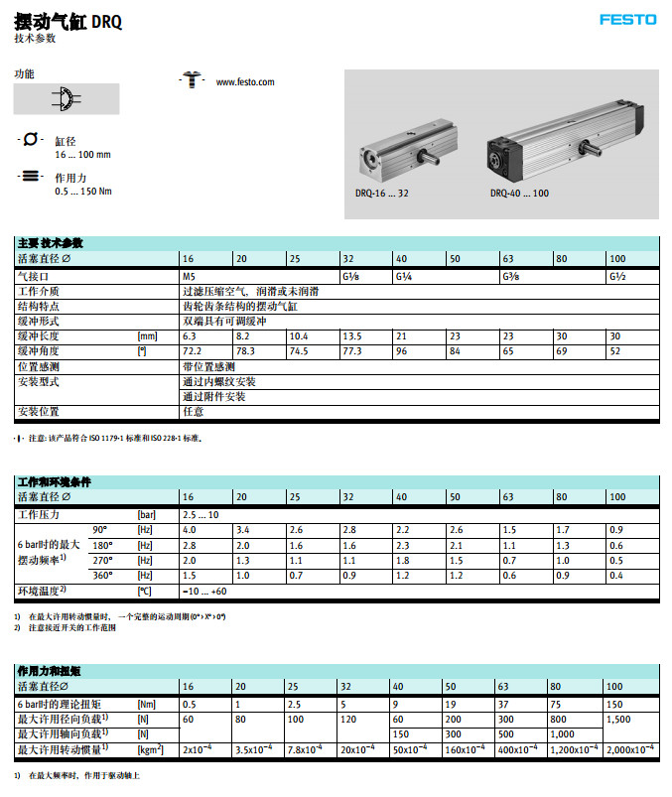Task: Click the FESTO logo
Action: point(628,19)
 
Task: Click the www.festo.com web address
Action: point(244,82)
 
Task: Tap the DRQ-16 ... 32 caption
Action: point(381,194)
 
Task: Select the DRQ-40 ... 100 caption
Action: point(518,194)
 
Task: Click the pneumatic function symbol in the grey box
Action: point(66,98)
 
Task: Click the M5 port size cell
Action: point(190,276)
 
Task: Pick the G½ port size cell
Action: point(617,276)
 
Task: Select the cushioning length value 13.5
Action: point(352,336)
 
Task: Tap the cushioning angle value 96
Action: point(402,351)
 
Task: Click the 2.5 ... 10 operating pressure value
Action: point(201,515)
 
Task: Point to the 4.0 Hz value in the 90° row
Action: point(189,530)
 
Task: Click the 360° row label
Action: point(102,575)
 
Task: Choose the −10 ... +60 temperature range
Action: point(204,591)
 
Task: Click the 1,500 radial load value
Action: point(618,718)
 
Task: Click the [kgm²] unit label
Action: point(151,748)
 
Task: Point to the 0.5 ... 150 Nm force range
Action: point(83,192)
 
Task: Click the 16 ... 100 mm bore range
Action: point(82,155)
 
